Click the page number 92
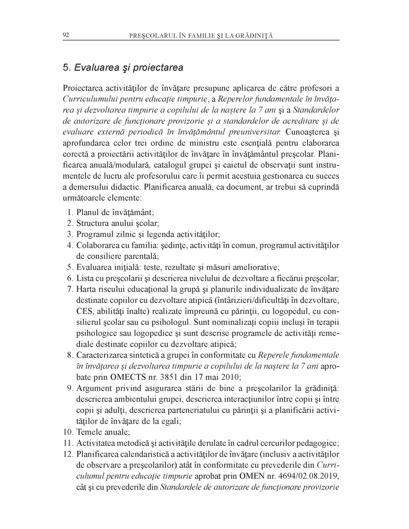[x=66, y=35]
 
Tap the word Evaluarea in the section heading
[x=95, y=68]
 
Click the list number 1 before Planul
[x=70, y=213]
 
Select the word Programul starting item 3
[x=94, y=235]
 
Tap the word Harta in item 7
[x=86, y=289]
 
